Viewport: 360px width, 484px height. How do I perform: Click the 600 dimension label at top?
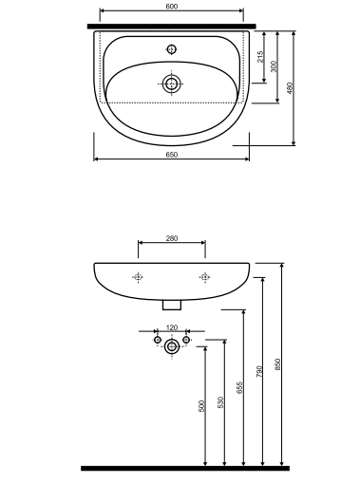click(172, 7)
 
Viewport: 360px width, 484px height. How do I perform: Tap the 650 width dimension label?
click(172, 155)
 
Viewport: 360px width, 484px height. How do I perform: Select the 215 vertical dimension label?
click(260, 57)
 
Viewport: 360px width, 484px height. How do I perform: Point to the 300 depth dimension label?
click(274, 66)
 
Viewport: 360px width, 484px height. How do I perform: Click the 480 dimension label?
click(290, 88)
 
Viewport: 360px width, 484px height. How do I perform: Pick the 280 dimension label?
click(172, 238)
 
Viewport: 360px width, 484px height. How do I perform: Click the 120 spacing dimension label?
click(172, 327)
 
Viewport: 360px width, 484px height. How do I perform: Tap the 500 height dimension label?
click(201, 406)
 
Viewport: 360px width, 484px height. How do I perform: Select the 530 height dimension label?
click(220, 402)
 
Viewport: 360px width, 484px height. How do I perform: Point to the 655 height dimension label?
click(239, 387)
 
